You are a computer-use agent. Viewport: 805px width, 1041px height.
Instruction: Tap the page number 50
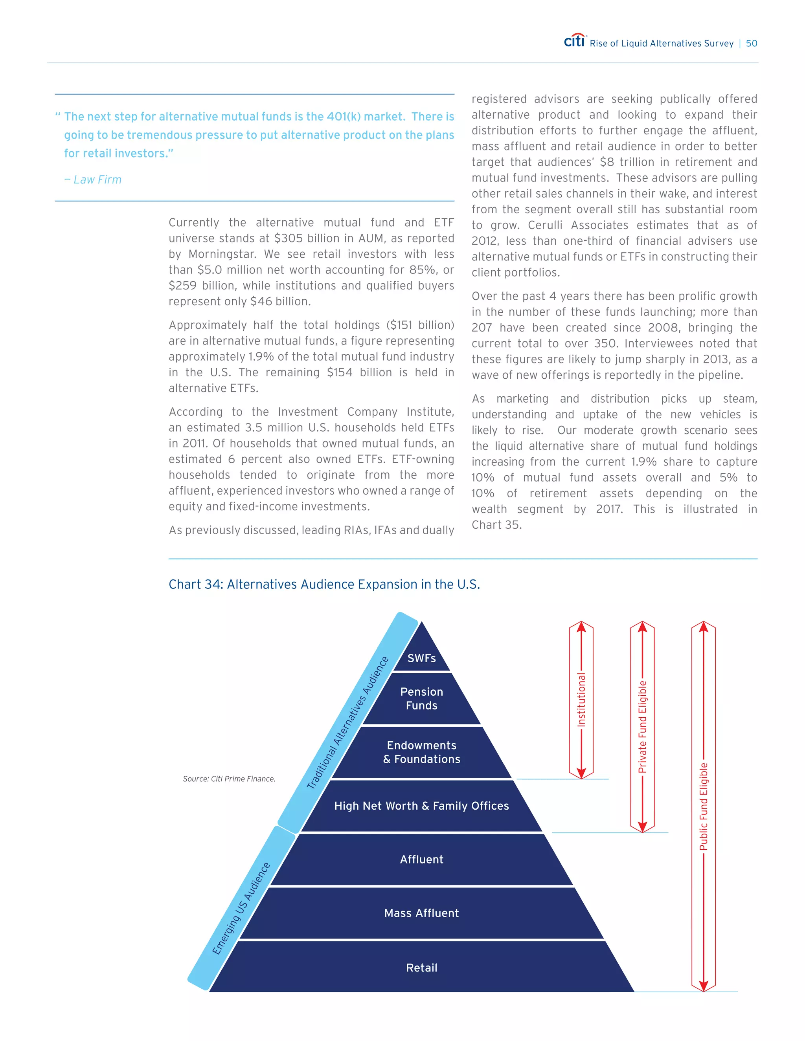click(x=751, y=43)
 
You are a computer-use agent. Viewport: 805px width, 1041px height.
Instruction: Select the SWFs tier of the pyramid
click(x=422, y=658)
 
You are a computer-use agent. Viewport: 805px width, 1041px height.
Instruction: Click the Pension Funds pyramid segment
click(x=422, y=698)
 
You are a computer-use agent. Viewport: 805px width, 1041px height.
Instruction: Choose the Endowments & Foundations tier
click(x=422, y=752)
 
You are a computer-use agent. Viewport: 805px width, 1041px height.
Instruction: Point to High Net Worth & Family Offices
click(x=422, y=806)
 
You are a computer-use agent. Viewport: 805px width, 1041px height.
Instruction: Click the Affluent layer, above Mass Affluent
click(x=422, y=860)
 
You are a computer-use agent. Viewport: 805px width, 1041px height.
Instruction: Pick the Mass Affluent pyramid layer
click(x=422, y=913)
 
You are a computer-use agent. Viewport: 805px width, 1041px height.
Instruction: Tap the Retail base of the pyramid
click(x=422, y=968)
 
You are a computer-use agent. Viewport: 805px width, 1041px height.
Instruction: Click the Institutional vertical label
click(x=581, y=700)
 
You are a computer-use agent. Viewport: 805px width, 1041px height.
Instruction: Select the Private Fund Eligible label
click(x=642, y=726)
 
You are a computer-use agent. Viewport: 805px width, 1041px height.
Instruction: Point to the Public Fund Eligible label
click(x=704, y=806)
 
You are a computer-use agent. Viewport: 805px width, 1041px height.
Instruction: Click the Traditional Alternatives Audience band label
click(x=347, y=723)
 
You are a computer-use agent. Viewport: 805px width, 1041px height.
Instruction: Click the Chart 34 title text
click(x=324, y=585)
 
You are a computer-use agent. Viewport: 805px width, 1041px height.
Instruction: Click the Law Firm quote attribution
click(x=94, y=180)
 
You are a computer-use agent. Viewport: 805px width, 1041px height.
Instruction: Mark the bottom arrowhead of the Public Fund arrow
click(x=704, y=986)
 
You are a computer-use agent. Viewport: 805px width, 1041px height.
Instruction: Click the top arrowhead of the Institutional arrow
click(x=581, y=627)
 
